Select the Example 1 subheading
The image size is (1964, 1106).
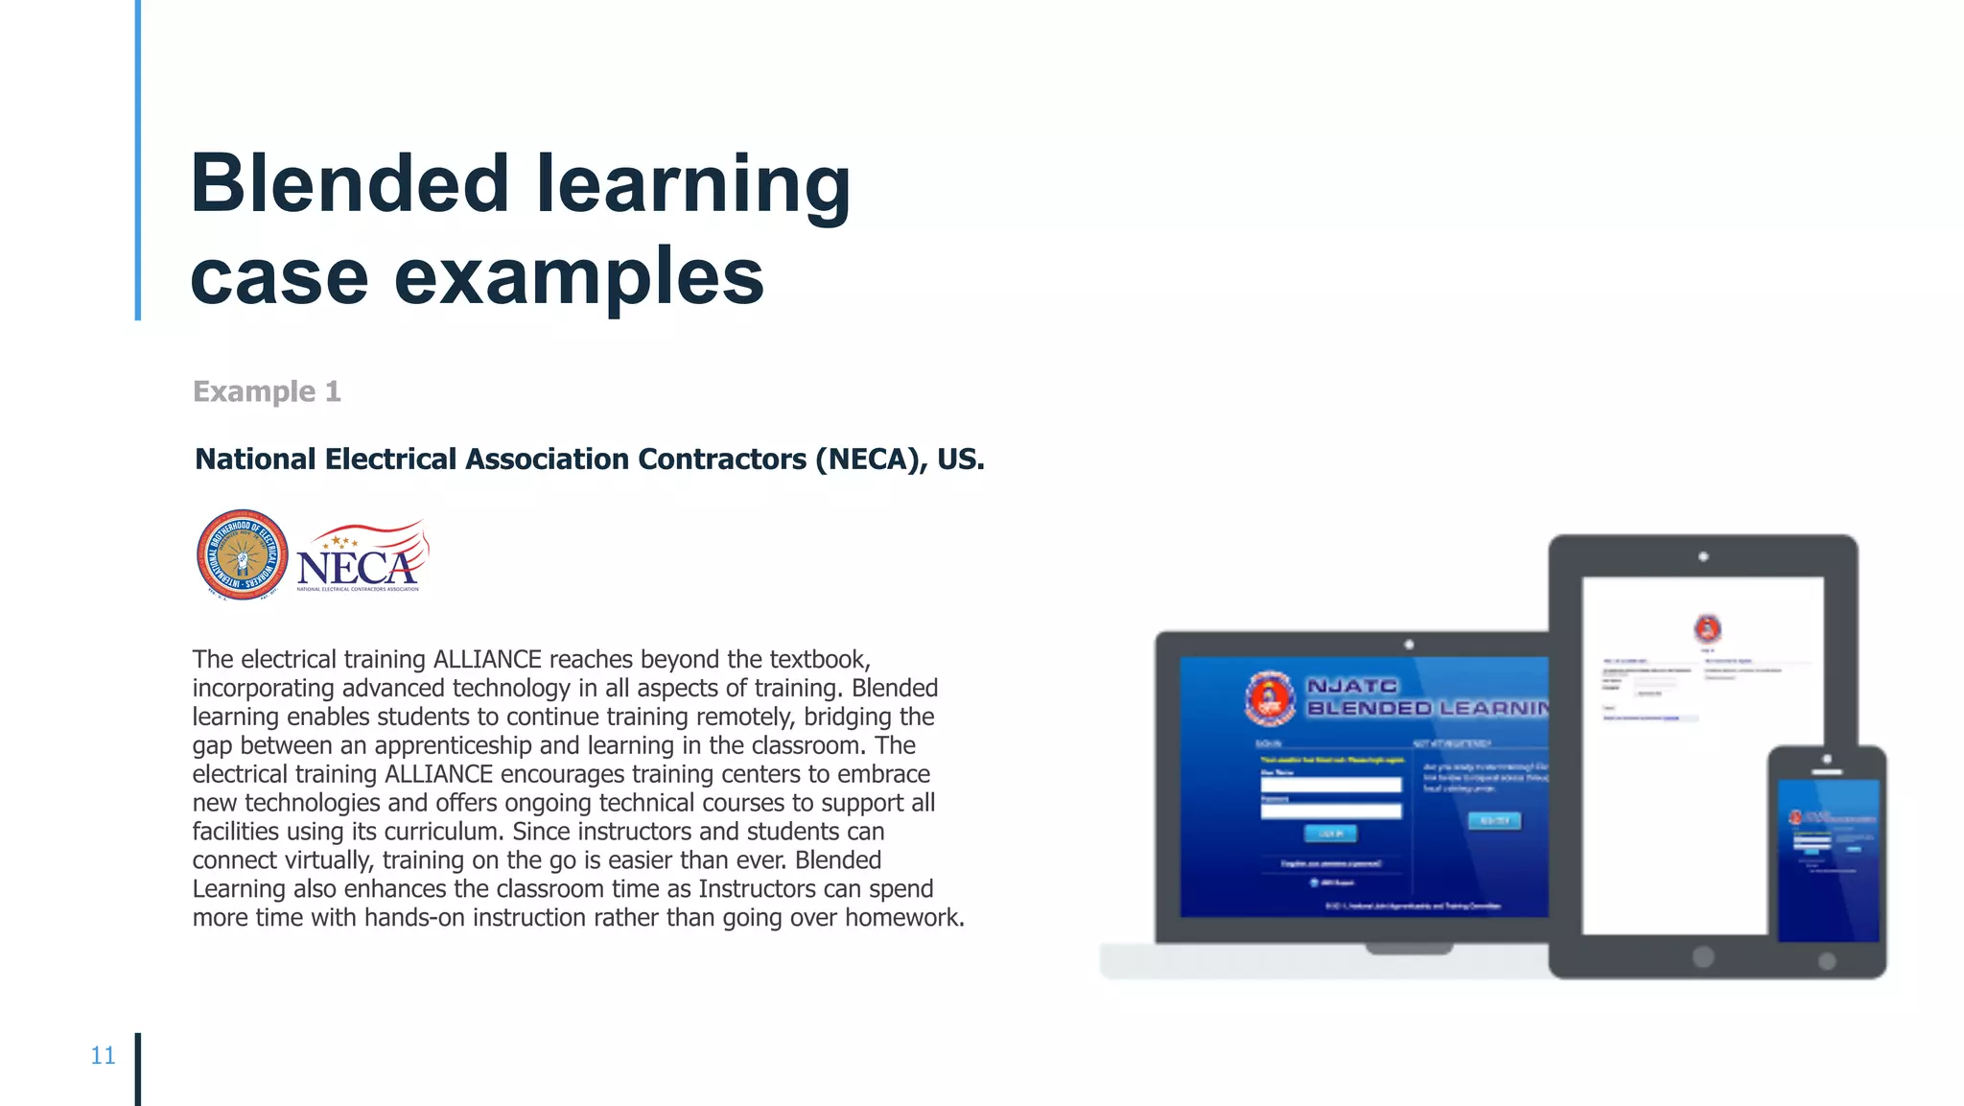[267, 391]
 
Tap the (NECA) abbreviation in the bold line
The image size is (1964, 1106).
[871, 459]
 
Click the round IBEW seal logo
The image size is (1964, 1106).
[242, 555]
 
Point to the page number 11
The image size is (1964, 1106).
[103, 1055]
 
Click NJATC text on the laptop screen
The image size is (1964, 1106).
[1352, 686]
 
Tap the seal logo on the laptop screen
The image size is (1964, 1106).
[1270, 697]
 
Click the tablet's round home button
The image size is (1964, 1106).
[1703, 956]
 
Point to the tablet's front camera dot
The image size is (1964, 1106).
[1703, 556]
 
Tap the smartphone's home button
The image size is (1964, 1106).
[1827, 960]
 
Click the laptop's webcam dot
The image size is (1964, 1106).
[1409, 645]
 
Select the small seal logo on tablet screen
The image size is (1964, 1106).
[1707, 629]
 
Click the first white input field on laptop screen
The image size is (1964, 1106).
[1330, 785]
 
